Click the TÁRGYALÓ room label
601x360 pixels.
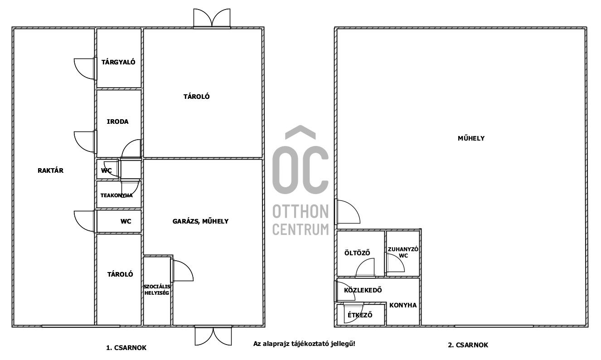[118, 62]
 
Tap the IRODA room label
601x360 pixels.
[117, 122]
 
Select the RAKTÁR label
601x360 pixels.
[50, 170]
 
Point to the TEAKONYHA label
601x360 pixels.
[116, 195]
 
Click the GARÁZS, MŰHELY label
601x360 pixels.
[200, 221]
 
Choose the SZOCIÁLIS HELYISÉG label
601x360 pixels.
[157, 290]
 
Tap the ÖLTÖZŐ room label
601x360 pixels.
[357, 253]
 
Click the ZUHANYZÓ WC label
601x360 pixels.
[403, 253]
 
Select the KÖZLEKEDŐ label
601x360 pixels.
[363, 290]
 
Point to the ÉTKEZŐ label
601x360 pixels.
[360, 315]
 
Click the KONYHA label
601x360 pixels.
[403, 305]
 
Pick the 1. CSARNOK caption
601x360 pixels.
[126, 348]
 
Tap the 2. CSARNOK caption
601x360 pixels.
[468, 345]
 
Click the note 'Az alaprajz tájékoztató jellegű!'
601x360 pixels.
[304, 344]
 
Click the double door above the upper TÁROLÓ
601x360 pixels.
[212, 18]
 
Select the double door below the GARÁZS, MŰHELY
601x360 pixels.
[213, 336]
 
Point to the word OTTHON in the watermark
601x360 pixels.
[300, 211]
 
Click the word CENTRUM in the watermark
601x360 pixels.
[300, 229]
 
